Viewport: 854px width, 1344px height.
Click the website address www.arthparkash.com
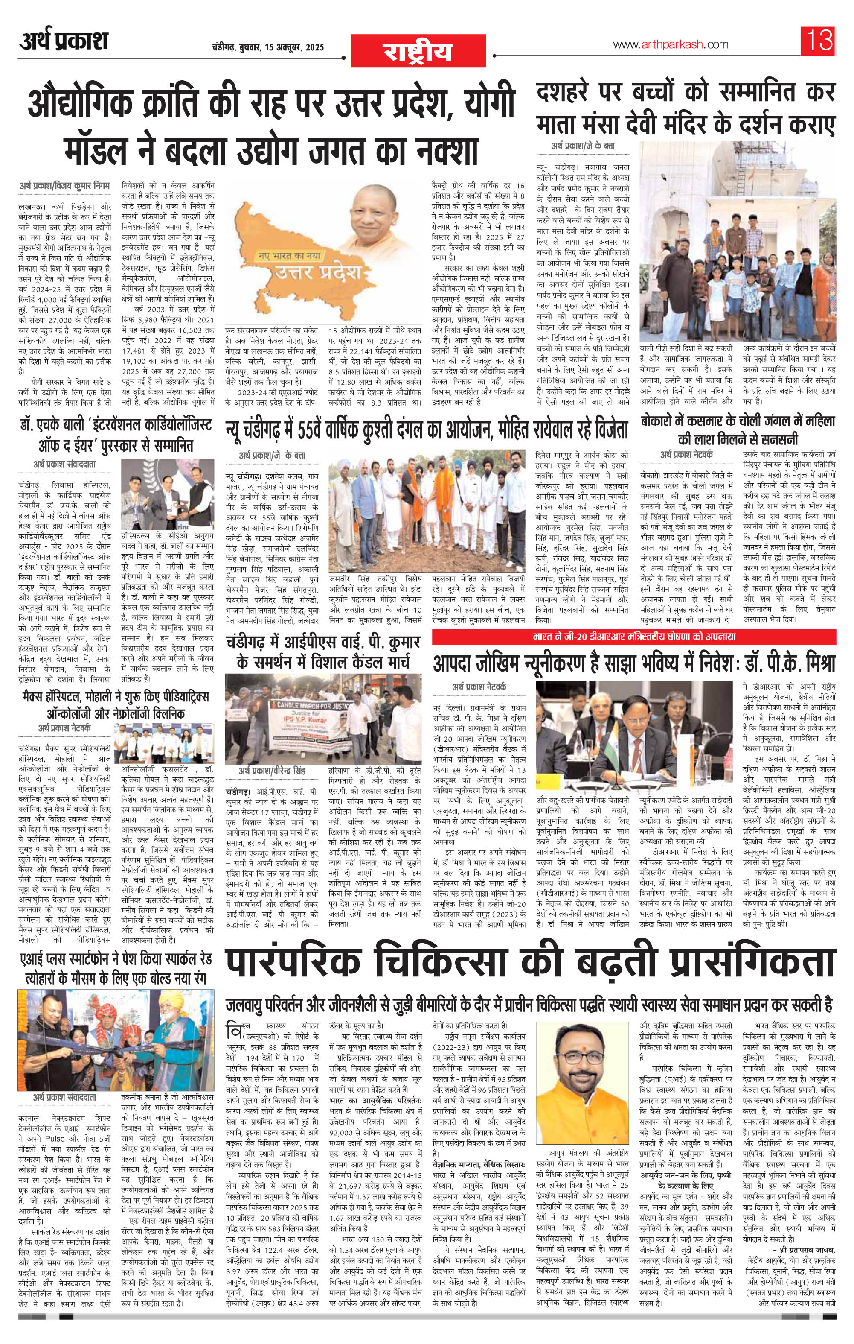point(662,45)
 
